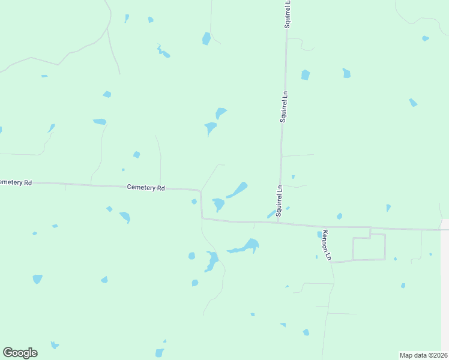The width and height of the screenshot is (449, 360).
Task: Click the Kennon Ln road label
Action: point(327,245)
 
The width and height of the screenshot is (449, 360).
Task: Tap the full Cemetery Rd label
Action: point(146,187)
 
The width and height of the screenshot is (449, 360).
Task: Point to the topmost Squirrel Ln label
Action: point(288,14)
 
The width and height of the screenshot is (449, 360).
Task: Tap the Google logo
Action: point(20,353)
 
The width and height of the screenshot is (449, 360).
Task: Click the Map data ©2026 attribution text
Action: point(423,355)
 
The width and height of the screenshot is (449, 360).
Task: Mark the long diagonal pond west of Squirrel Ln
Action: point(237,190)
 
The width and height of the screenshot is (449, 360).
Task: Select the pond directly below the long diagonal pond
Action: point(218,204)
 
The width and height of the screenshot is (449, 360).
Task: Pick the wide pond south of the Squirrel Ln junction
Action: point(245,247)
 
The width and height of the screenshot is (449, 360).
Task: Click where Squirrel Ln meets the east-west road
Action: point(279,223)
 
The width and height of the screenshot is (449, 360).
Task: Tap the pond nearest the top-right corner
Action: point(425,38)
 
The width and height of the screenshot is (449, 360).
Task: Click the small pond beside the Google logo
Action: point(55,345)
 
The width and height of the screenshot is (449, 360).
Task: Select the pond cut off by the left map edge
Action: point(1,130)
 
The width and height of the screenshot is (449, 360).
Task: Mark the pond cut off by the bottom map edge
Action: point(159,353)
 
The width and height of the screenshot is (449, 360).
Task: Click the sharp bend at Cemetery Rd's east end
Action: point(200,191)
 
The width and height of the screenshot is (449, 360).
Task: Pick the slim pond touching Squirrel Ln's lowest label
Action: point(271,214)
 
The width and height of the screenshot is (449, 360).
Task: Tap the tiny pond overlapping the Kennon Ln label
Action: point(320,235)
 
